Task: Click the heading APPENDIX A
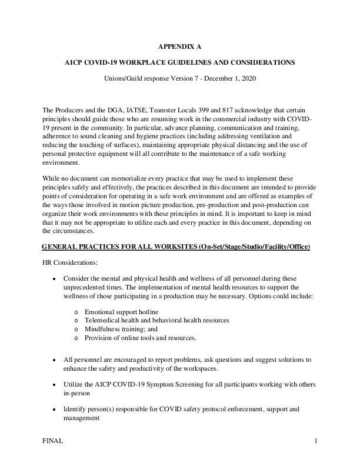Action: point(179,46)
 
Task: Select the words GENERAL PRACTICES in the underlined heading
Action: point(80,245)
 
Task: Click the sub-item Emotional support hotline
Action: point(121,311)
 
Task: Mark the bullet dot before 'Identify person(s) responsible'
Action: point(55,409)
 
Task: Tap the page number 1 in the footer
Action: point(316,441)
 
